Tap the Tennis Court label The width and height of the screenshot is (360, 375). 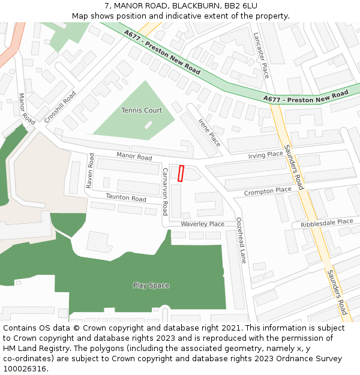coord(142,110)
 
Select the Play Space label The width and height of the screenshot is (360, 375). coord(151,285)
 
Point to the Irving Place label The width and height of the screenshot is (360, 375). coord(265,155)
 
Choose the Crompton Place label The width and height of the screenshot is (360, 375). coord(267,191)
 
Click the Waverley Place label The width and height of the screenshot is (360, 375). coord(202,224)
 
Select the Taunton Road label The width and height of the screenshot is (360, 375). coord(126,197)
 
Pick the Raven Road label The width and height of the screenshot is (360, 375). coord(90,171)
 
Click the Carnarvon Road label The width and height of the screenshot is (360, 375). coord(165,191)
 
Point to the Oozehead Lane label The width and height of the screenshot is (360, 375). coord(241,241)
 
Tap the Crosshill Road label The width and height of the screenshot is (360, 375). coord(60,107)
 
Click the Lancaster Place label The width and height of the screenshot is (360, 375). coord(261,55)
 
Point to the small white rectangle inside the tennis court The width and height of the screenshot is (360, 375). coord(148,125)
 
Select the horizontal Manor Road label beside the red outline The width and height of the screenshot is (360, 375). coord(134,157)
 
